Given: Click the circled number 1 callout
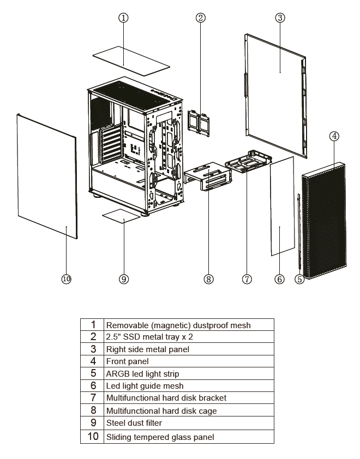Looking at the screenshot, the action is point(123,18).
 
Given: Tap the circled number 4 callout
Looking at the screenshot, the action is point(334,136).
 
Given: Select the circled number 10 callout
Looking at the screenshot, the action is point(67,279).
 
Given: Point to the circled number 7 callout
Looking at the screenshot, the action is point(247,279).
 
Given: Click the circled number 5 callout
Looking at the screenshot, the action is point(299,279).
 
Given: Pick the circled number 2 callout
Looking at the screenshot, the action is point(200,18).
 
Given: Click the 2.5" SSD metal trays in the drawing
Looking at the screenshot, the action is point(199,123).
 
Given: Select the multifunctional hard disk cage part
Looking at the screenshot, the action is point(208,176).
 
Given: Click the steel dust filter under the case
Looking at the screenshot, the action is point(121,216).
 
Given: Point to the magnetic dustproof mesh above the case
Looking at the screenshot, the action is point(131,61).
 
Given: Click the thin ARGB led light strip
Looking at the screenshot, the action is point(299,231).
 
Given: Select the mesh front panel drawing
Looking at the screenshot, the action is point(324,220).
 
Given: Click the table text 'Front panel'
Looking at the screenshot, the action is point(128,361).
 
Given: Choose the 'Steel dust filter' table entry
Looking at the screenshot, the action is point(134,423).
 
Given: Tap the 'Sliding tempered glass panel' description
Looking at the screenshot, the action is point(160,437).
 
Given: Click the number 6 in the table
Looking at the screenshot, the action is point(93,385).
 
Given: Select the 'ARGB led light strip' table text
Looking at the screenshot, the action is point(142,374).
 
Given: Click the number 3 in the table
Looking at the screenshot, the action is point(93,349).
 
